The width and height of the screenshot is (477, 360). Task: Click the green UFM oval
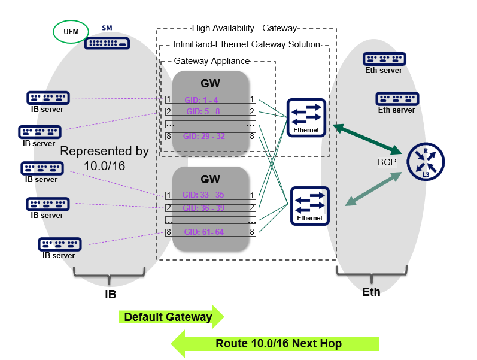(71, 32)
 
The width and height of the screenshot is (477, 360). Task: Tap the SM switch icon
(107, 43)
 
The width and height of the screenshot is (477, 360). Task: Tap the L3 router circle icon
(426, 162)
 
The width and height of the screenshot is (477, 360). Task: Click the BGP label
(387, 162)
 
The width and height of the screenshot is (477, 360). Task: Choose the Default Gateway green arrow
(171, 317)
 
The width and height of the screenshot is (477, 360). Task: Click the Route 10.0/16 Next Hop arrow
(275, 343)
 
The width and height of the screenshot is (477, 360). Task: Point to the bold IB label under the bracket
(110, 295)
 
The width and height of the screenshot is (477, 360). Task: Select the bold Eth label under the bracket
(371, 292)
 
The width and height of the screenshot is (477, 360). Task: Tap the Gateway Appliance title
(211, 61)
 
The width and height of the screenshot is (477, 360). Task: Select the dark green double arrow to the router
(367, 138)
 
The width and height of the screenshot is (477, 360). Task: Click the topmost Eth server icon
(384, 59)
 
